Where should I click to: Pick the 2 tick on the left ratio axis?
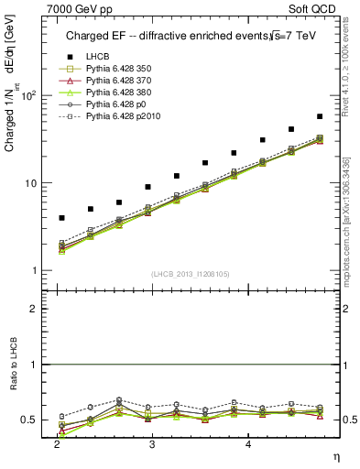click(x=33, y=310)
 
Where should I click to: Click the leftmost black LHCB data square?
click(x=61, y=218)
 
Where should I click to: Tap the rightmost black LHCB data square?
click(x=319, y=116)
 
